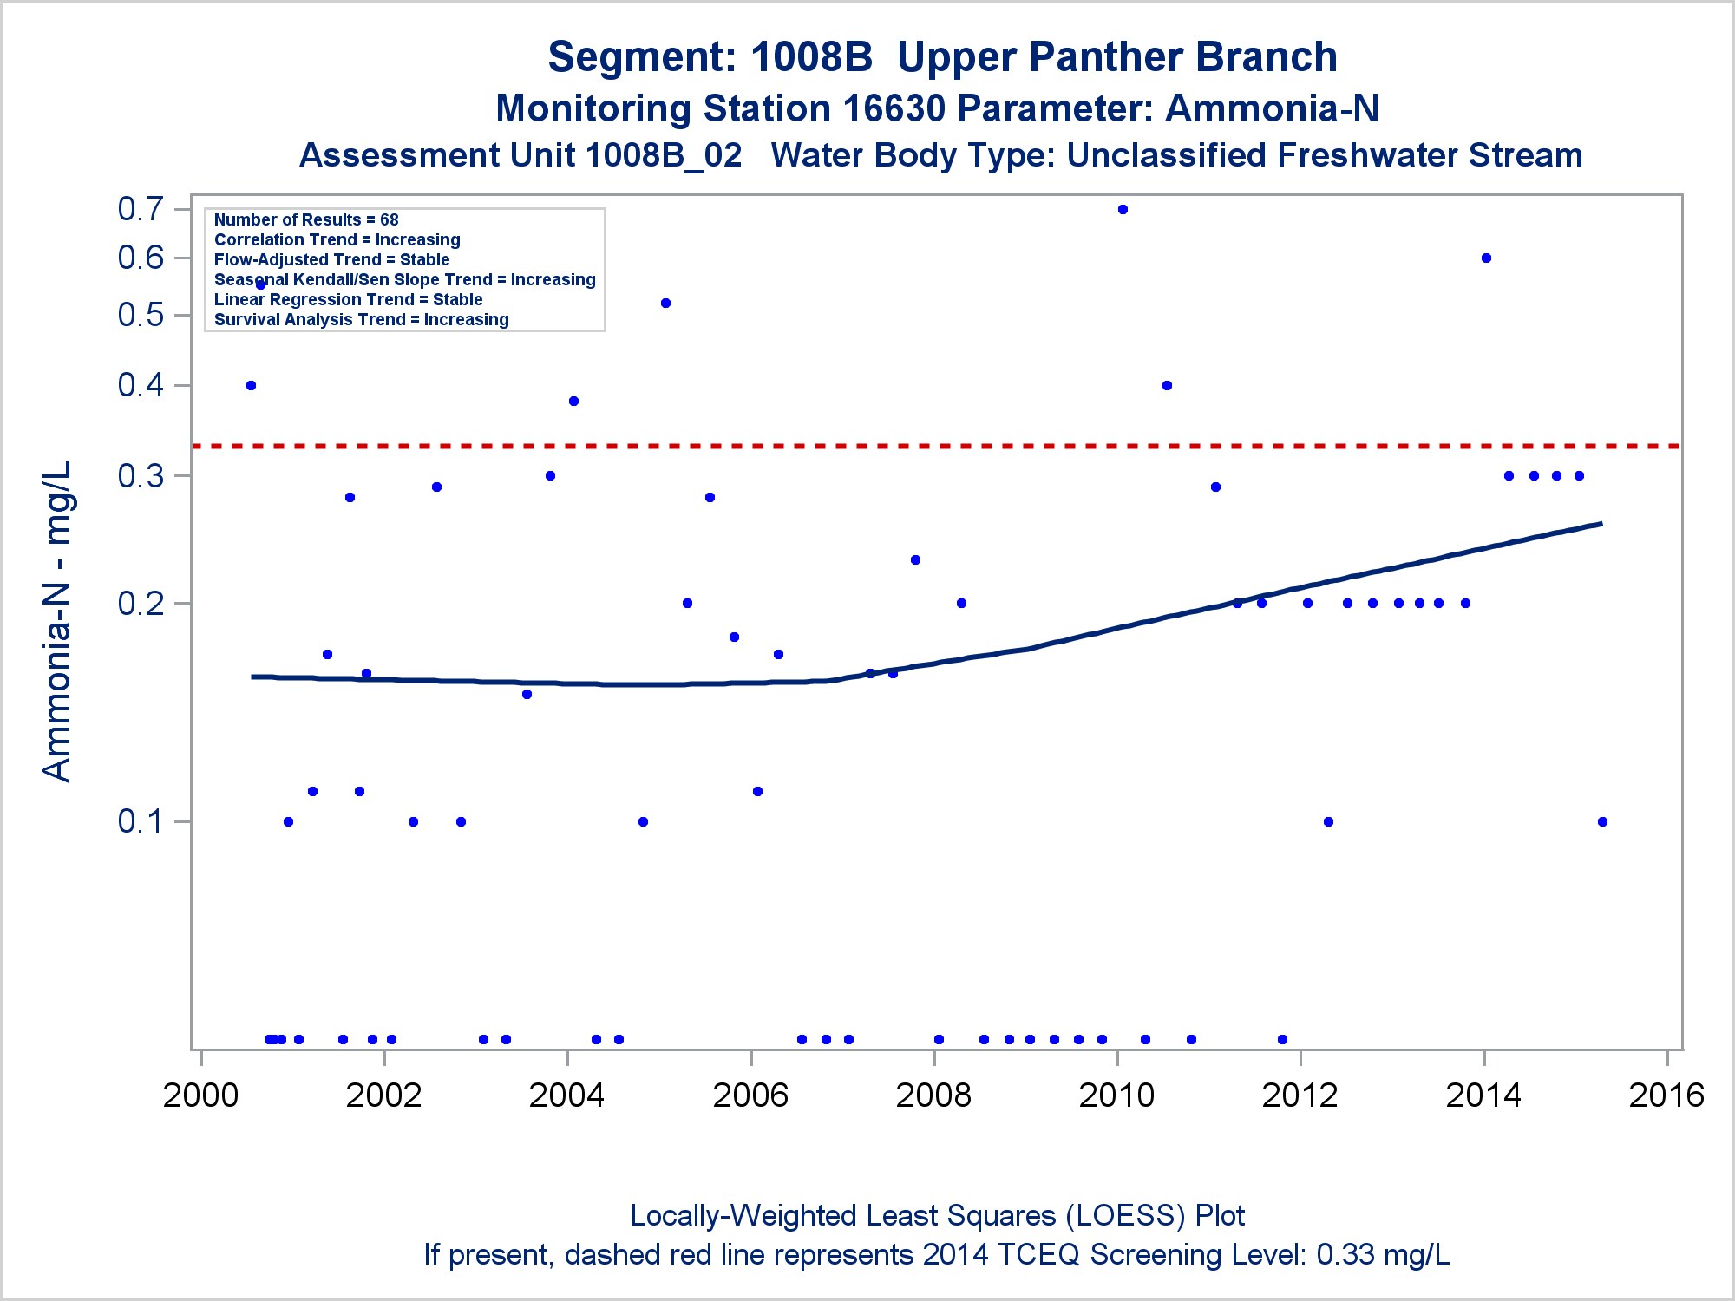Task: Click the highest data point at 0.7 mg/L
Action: (x=1123, y=209)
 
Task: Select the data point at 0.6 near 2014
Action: (x=1486, y=258)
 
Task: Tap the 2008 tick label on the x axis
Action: (x=933, y=1095)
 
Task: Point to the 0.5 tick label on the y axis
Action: (x=141, y=315)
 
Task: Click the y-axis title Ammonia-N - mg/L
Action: (x=57, y=621)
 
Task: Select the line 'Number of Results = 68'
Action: (x=306, y=220)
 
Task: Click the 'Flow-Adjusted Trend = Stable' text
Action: (x=331, y=260)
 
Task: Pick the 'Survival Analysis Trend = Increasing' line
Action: (x=361, y=320)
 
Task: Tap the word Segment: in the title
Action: (x=642, y=58)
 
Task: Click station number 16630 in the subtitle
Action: (x=894, y=109)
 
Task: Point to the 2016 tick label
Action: (x=1666, y=1095)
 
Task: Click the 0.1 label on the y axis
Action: (x=141, y=821)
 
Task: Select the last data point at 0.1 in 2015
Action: (x=1602, y=821)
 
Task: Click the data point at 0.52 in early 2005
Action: (x=665, y=303)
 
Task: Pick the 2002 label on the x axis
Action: (x=383, y=1095)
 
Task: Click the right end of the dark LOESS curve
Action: (x=1600, y=524)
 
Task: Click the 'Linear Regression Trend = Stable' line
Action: (x=348, y=300)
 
